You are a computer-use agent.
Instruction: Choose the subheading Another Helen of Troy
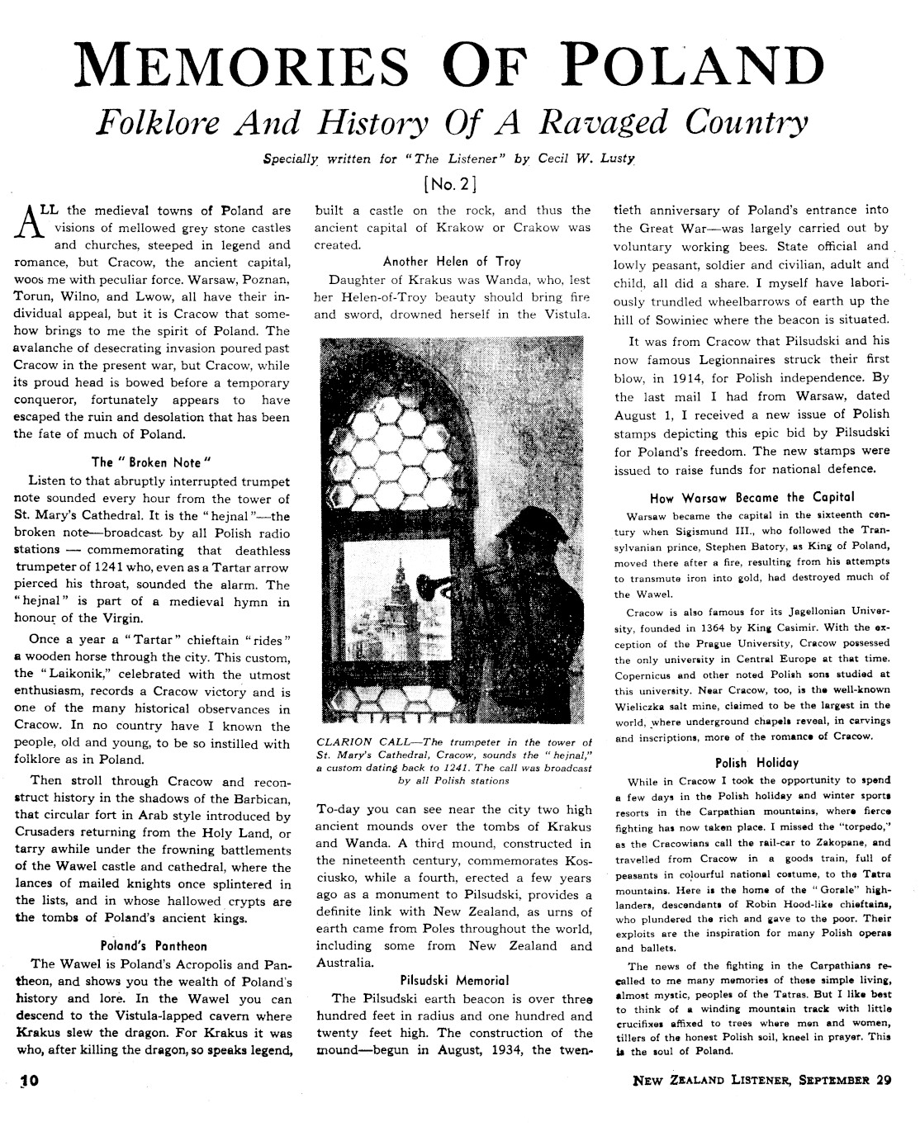pyautogui.click(x=452, y=262)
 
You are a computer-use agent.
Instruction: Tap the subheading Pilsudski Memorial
pyautogui.click(x=453, y=981)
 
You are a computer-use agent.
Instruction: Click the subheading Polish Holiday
pyautogui.click(x=752, y=763)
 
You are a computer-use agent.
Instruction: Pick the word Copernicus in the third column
pyautogui.click(x=652, y=674)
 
